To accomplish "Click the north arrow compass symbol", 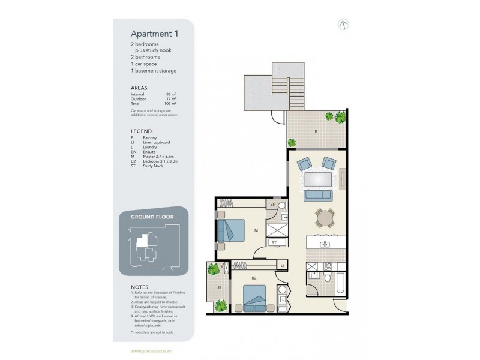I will (x=344, y=25).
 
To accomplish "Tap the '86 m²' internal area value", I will (x=171, y=94).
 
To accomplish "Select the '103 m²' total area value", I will (x=170, y=103).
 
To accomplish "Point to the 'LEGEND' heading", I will (x=141, y=130).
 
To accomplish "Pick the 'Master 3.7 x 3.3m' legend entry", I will (x=161, y=157).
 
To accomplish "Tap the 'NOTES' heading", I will (x=139, y=287).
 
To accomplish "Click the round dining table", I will (x=324, y=217).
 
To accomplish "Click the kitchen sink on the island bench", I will (x=324, y=244).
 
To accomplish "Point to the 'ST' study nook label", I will (x=274, y=242).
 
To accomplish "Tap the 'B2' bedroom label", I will (x=254, y=278).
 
